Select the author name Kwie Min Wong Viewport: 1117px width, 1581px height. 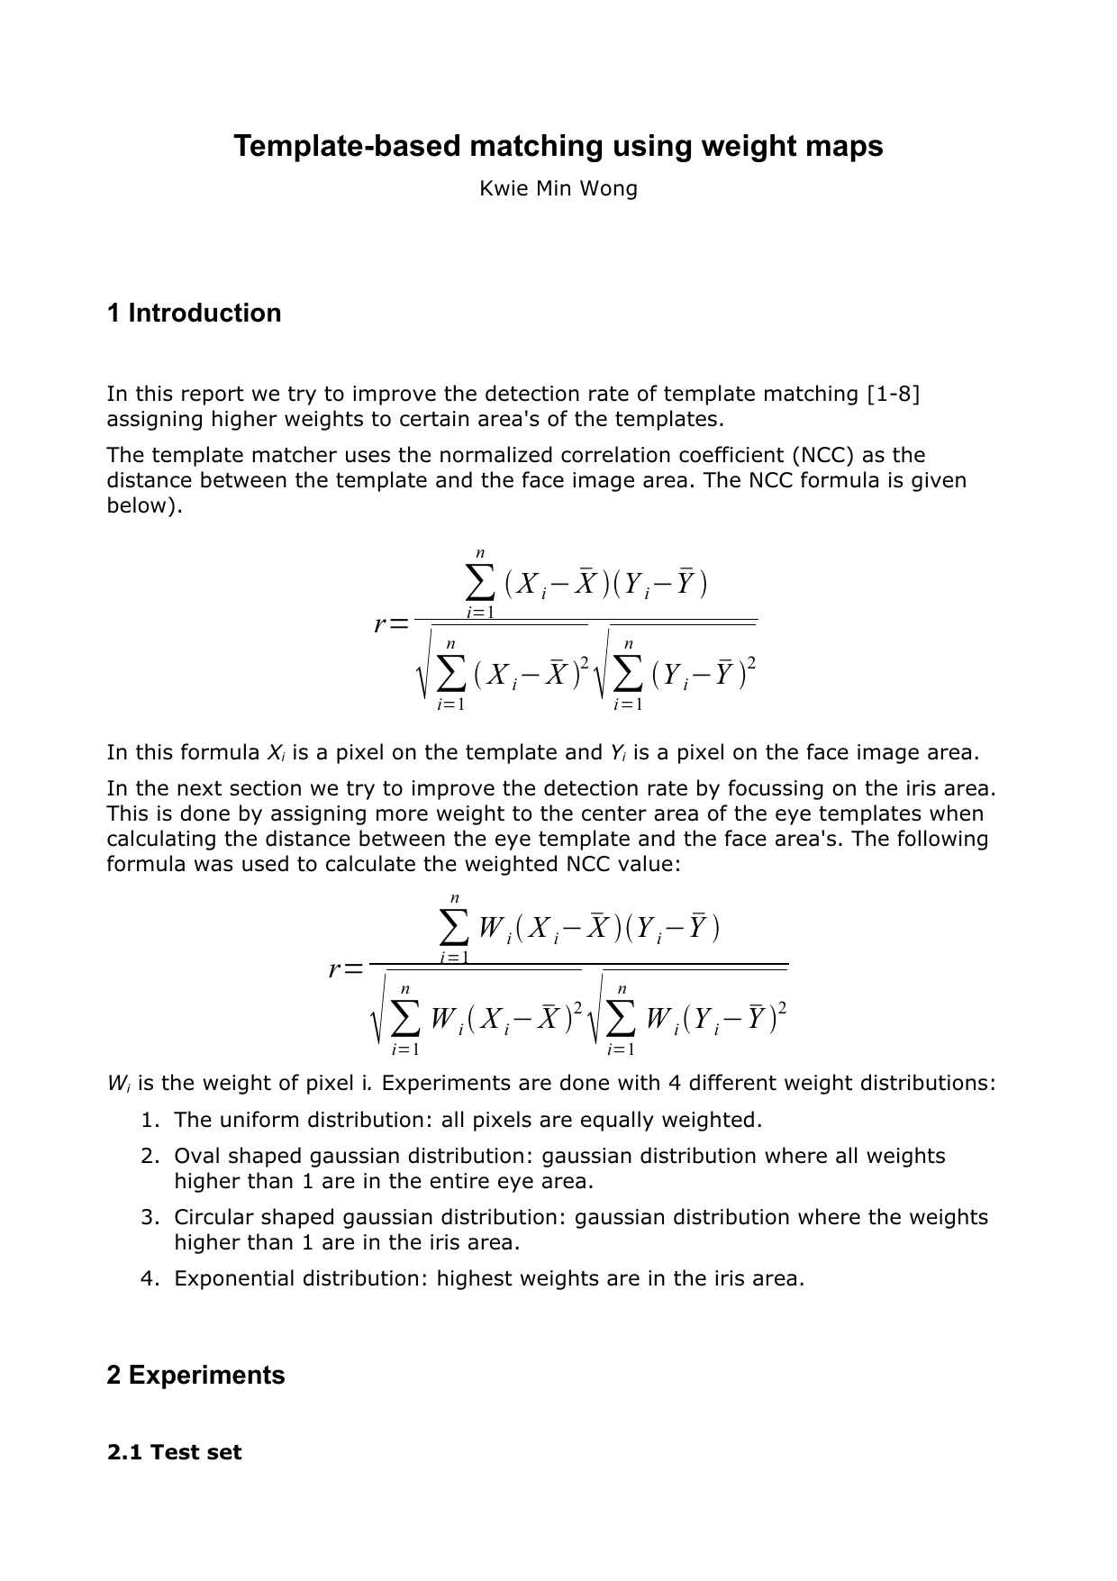(x=558, y=189)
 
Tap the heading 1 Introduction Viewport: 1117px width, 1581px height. (x=194, y=313)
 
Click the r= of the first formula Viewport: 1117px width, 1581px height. (x=391, y=623)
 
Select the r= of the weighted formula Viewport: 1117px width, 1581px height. (x=346, y=969)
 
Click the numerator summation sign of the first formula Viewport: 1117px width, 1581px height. (x=480, y=584)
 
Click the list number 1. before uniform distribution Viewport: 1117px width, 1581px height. (x=150, y=1121)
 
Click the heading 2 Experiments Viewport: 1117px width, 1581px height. (x=195, y=1376)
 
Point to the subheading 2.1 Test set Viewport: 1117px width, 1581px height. (x=174, y=1453)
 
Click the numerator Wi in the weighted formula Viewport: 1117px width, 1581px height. (x=495, y=927)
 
